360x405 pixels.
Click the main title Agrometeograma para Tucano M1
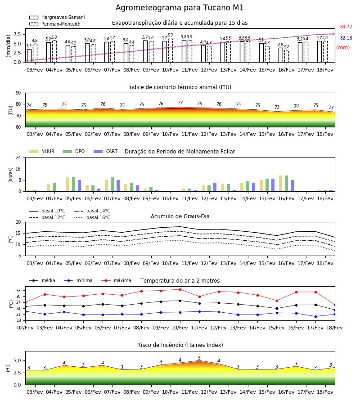[x=180, y=8]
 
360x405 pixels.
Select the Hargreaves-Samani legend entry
[x=57, y=17]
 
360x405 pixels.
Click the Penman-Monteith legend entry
[x=55, y=24]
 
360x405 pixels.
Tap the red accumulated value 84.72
[x=346, y=27]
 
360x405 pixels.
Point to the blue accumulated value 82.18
[x=346, y=38]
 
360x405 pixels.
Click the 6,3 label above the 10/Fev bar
[x=170, y=35]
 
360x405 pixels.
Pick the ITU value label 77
[x=180, y=103]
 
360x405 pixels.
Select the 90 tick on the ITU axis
[x=18, y=93]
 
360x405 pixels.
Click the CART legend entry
[x=106, y=151]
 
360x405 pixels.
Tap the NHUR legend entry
[x=42, y=151]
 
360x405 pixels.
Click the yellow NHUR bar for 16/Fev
[x=281, y=184]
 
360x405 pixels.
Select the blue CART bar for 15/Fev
[x=273, y=185]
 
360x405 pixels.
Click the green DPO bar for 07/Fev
[x=112, y=184]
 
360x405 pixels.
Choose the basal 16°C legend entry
[x=92, y=217]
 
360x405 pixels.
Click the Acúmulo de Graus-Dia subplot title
[x=180, y=216]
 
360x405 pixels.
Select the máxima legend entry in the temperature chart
[x=116, y=280]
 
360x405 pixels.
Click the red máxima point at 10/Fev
[x=180, y=289]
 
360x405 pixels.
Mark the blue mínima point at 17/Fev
[x=315, y=316]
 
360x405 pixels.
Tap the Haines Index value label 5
[x=199, y=358]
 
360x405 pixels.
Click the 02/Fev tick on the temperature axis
[x=25, y=328]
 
